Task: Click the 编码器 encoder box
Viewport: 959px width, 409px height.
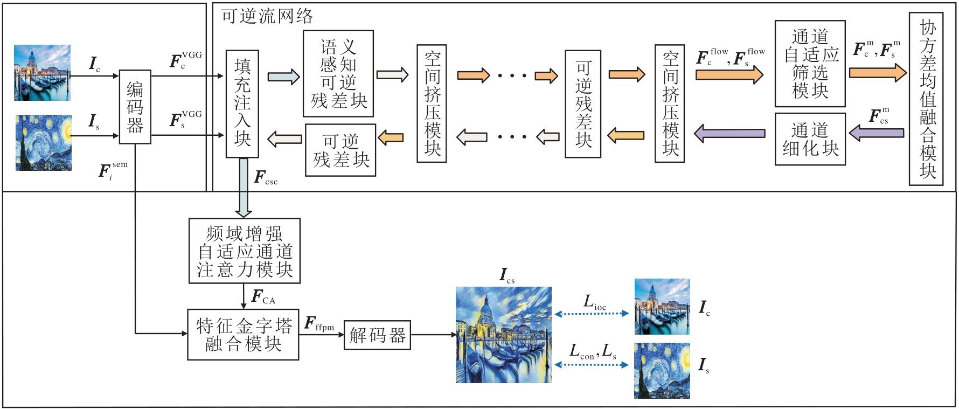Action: click(135, 107)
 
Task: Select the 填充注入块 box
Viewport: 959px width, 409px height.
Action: click(242, 103)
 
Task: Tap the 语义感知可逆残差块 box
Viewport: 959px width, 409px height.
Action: click(338, 73)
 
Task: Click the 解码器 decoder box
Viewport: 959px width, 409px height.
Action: click(377, 335)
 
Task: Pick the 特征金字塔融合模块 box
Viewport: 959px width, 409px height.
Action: click(243, 334)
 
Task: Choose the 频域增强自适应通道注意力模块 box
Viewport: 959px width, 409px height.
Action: click(244, 251)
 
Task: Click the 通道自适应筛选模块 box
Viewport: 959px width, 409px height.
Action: click(809, 64)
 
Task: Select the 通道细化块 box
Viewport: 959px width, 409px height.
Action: click(809, 138)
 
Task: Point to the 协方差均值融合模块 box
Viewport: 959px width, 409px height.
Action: click(926, 99)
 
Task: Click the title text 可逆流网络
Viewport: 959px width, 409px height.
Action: click(267, 16)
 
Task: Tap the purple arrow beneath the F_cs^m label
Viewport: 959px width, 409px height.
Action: click(876, 133)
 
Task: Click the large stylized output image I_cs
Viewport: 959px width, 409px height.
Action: click(503, 335)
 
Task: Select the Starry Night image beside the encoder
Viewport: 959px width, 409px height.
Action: click(43, 142)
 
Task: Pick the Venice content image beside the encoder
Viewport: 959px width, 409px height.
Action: click(42, 73)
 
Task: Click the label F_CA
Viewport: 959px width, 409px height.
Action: click(263, 297)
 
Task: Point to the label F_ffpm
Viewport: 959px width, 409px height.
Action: click(319, 324)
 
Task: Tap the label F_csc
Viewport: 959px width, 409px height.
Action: click(266, 178)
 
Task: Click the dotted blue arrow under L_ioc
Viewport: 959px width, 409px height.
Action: click(592, 314)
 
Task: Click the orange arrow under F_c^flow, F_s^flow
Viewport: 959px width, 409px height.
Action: click(729, 73)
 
